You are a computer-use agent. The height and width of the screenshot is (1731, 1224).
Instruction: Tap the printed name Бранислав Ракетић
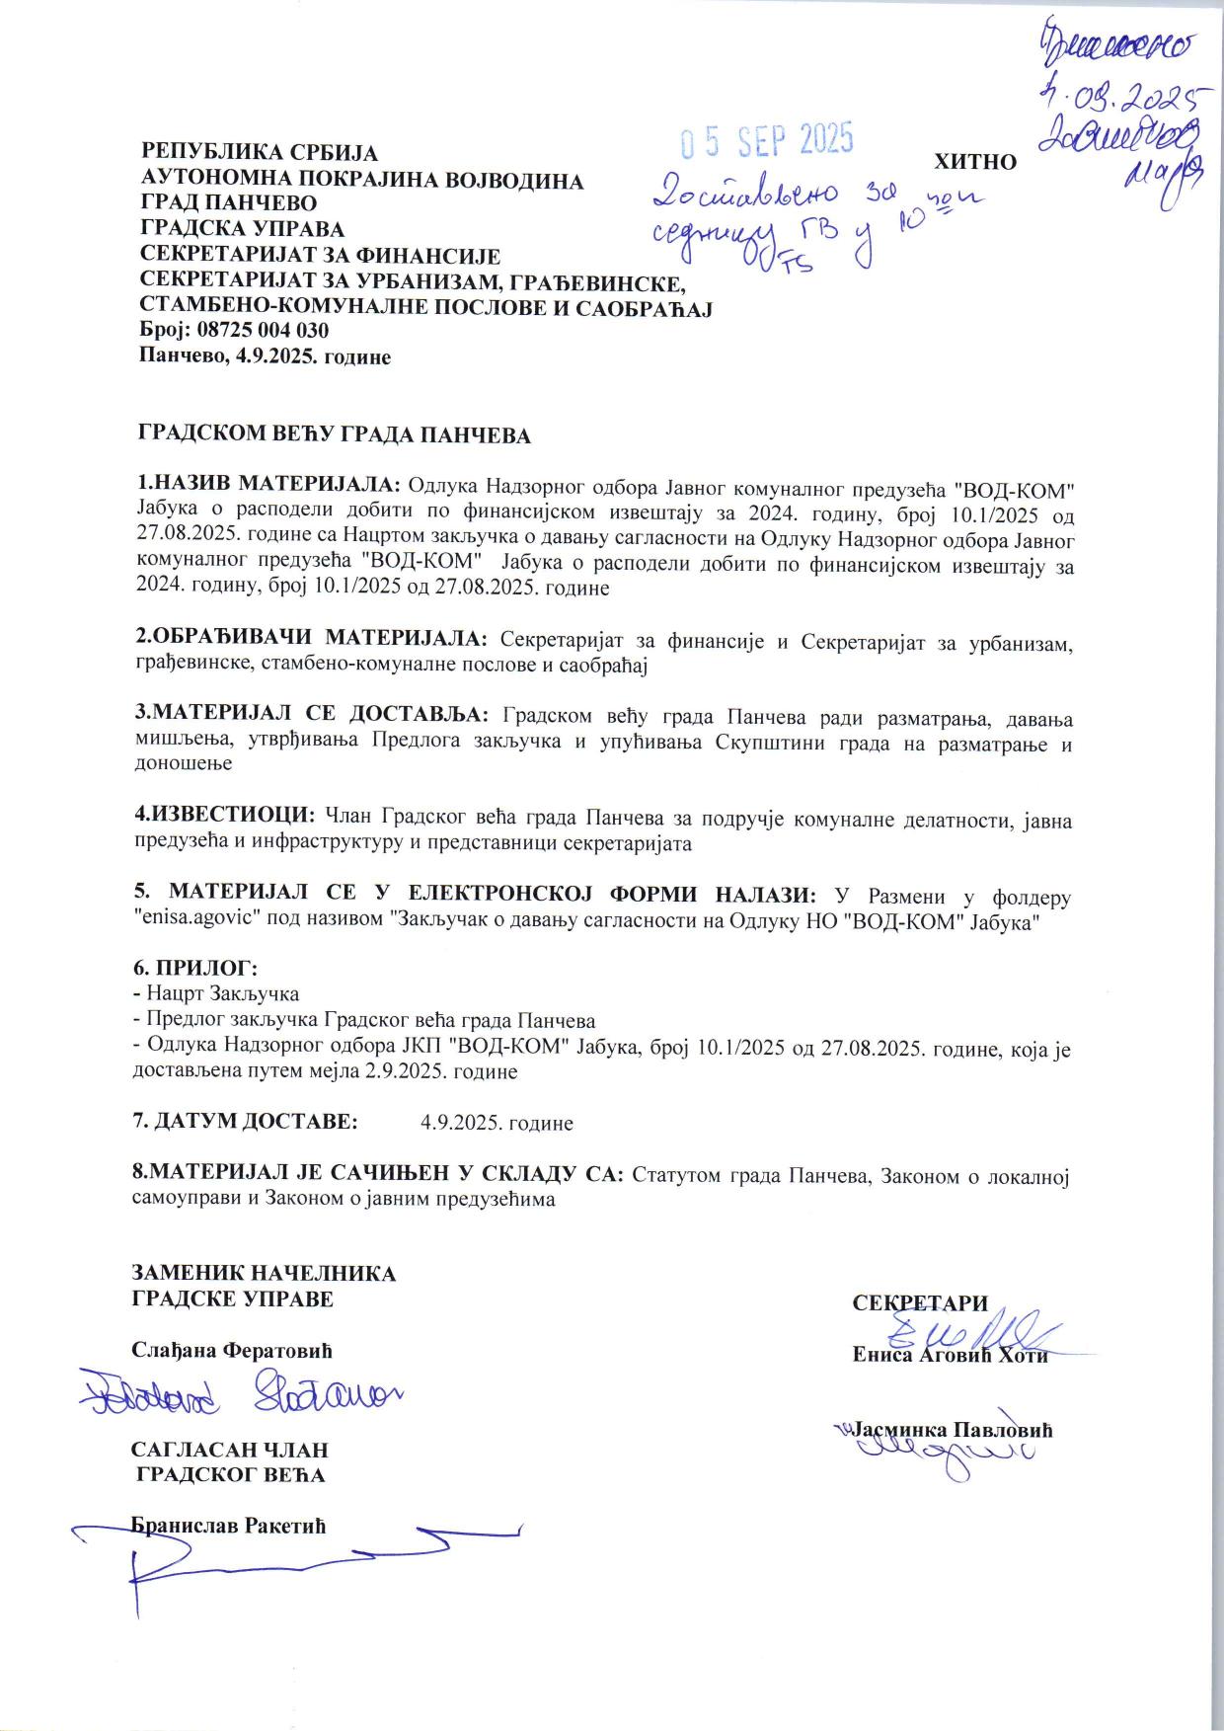pos(229,1526)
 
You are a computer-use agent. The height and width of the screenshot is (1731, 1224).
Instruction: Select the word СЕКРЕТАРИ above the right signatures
pos(919,1303)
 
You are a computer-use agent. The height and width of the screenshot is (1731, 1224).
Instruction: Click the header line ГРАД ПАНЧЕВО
pos(230,203)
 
